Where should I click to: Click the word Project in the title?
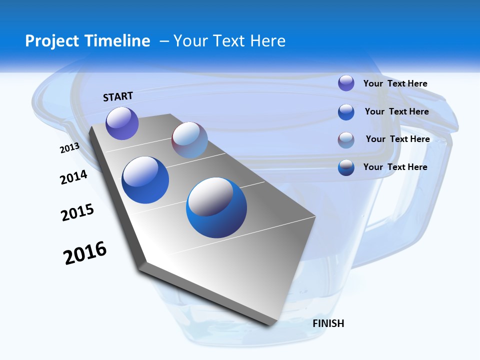[x=52, y=41]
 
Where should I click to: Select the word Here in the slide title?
[x=268, y=41]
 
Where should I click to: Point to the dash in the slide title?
[x=164, y=41]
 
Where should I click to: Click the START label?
[x=118, y=96]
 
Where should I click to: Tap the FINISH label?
[x=328, y=323]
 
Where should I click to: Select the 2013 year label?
[x=69, y=148]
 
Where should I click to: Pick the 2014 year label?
[x=73, y=177]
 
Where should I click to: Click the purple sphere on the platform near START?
[x=122, y=123]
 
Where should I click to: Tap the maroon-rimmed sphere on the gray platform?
[x=189, y=140]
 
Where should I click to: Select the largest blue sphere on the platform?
[x=216, y=207]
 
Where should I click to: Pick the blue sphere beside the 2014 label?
[x=145, y=180]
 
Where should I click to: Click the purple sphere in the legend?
[x=346, y=83]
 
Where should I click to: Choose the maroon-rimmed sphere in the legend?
[x=346, y=140]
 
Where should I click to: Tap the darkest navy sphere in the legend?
[x=346, y=168]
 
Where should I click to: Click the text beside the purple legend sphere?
[x=395, y=83]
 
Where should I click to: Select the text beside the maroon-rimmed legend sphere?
[x=397, y=139]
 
